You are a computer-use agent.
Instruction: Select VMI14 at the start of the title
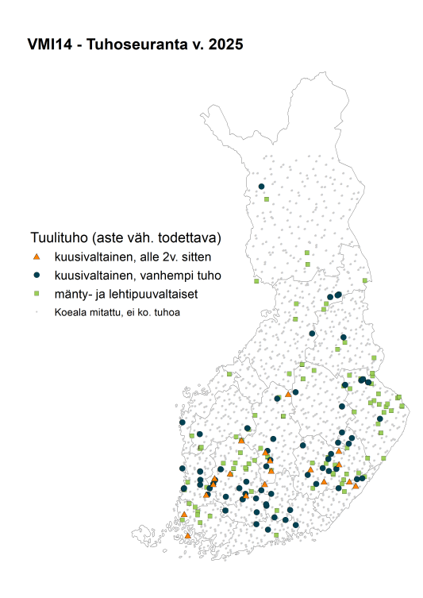tap(48, 45)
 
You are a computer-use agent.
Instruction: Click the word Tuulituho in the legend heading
tap(59, 237)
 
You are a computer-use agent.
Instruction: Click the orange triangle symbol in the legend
tap(36, 257)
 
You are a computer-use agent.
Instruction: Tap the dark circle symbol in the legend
tap(36, 276)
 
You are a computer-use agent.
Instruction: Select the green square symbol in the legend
tap(36, 294)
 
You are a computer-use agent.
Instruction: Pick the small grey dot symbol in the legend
tap(36, 312)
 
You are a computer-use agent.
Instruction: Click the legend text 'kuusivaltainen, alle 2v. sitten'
tap(133, 257)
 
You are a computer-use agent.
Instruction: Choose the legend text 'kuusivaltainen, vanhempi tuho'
tap(137, 276)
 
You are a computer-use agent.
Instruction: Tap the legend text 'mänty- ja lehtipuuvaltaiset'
tap(125, 294)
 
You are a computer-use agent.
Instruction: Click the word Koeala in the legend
tap(70, 312)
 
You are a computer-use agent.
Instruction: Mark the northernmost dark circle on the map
tap(261, 187)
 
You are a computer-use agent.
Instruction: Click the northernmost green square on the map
tap(267, 199)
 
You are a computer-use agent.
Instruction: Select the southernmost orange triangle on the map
tap(188, 536)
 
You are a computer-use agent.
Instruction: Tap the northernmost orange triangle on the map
tap(288, 394)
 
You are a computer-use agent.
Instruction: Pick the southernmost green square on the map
tap(275, 537)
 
